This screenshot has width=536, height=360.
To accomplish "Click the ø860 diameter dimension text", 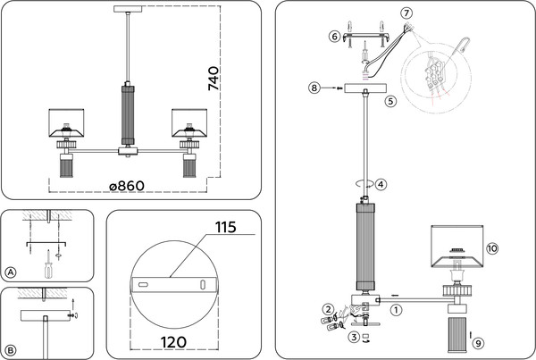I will tap(127, 186).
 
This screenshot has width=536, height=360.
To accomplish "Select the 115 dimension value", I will tap(224, 228).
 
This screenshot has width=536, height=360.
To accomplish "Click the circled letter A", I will tap(11, 272).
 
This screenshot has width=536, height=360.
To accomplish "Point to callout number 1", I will tap(397, 309).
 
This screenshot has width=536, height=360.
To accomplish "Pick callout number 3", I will tap(354, 337).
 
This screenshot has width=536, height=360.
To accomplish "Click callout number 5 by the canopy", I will tap(390, 102).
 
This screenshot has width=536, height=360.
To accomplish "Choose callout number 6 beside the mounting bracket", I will tap(335, 37).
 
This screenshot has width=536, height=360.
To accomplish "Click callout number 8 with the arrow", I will tap(314, 88).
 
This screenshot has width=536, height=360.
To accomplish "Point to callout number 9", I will tap(478, 342).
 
